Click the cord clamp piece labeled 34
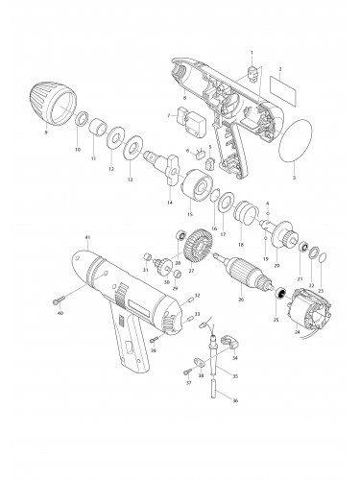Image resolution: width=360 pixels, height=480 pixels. pyautogui.click(x=228, y=340)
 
